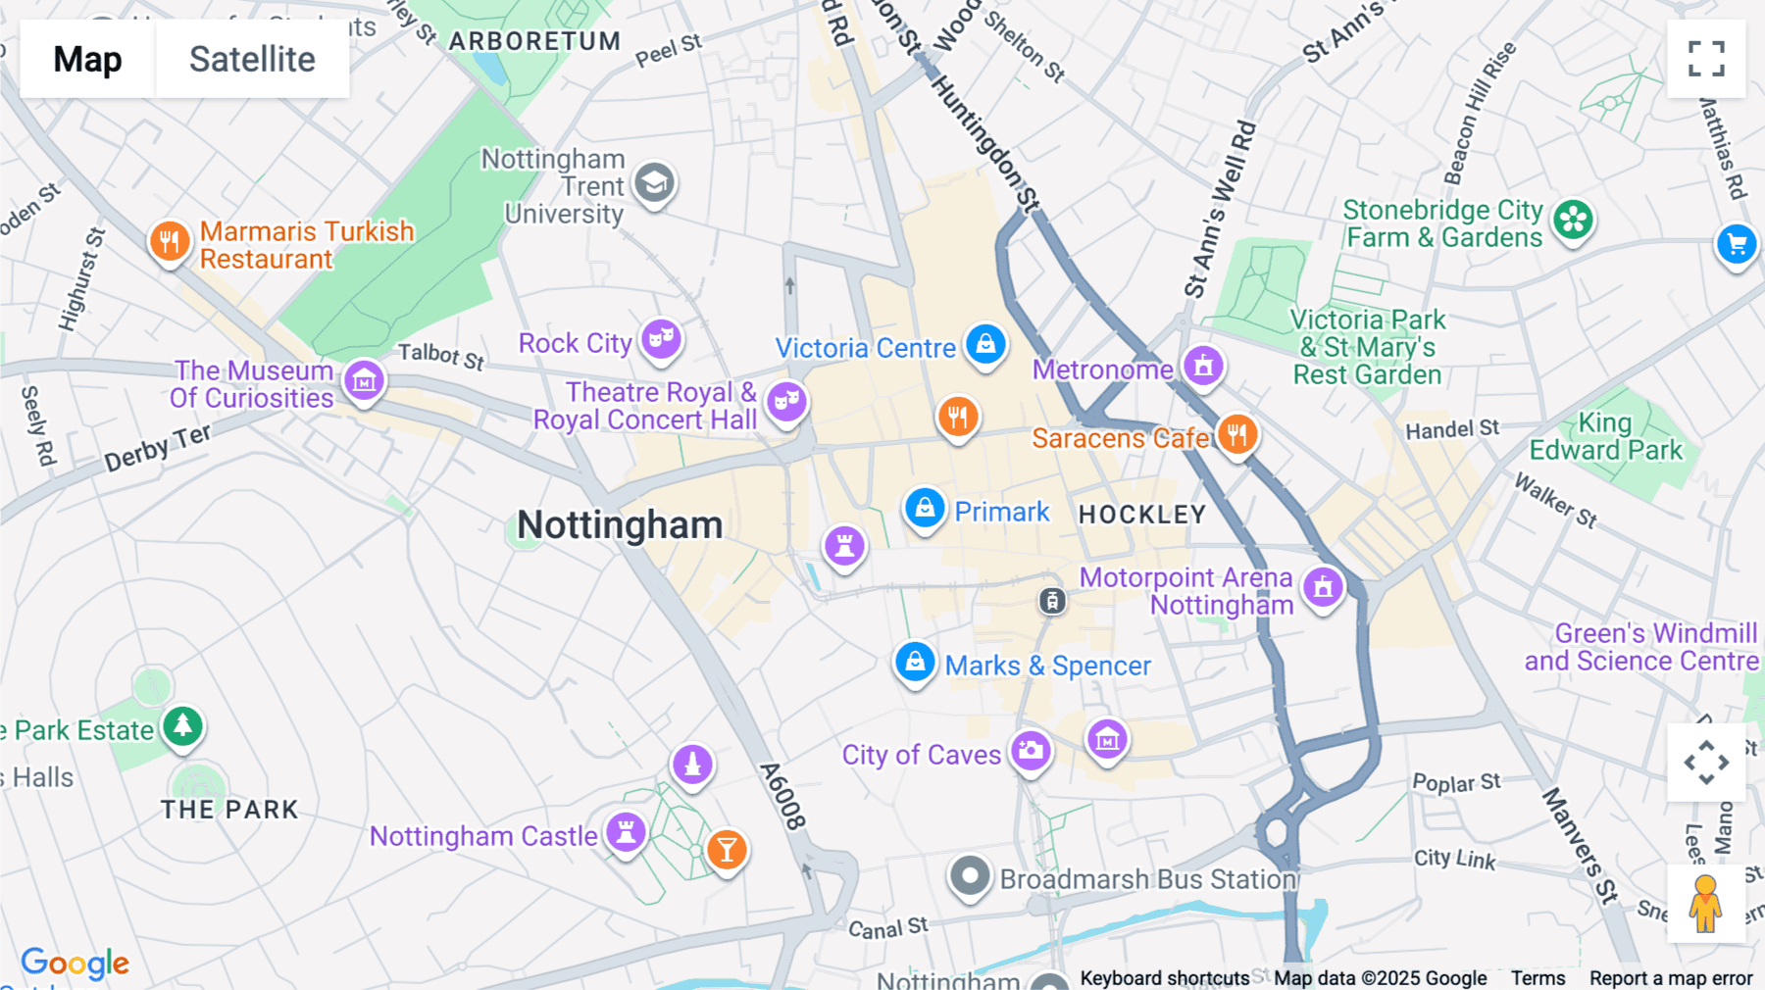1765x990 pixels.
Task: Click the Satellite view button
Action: (x=252, y=59)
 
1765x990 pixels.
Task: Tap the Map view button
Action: (x=87, y=59)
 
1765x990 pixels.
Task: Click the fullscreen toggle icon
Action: (x=1706, y=59)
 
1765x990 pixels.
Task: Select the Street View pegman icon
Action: (x=1705, y=904)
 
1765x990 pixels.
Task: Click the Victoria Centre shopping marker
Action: (x=985, y=344)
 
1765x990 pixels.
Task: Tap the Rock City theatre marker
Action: (x=662, y=339)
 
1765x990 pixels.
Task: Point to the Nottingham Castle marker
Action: (x=626, y=832)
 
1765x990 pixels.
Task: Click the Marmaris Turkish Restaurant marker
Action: (x=170, y=240)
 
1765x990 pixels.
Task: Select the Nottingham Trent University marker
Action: (x=654, y=182)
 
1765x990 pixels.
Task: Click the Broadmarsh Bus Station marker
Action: (x=970, y=875)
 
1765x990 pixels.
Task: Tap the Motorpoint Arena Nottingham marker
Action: (x=1323, y=587)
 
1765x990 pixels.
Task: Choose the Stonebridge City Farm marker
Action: (x=1573, y=220)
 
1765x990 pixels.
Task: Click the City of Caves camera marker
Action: (x=1030, y=751)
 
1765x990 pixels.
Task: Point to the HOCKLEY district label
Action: (x=1142, y=515)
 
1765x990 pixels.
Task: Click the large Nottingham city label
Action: (x=620, y=525)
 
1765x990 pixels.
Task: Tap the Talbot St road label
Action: (x=441, y=356)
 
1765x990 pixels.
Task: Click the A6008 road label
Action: (x=783, y=796)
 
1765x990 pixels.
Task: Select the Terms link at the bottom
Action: (x=1538, y=978)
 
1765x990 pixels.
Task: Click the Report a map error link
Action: (x=1671, y=978)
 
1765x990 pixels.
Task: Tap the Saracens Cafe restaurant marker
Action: (x=1236, y=433)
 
